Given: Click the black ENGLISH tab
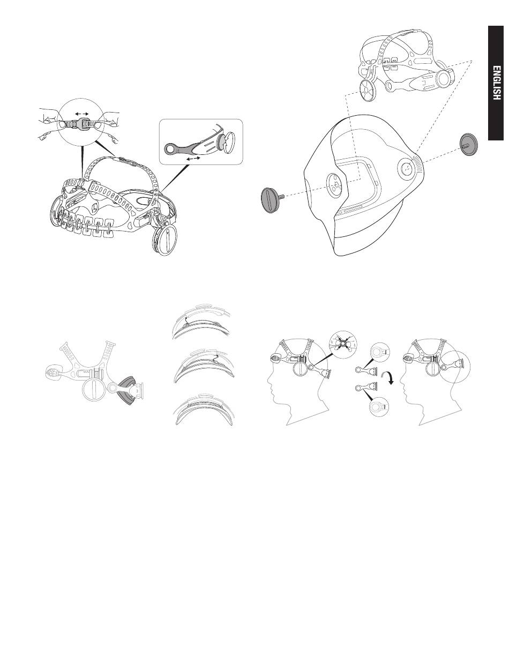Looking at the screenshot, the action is coord(496,83).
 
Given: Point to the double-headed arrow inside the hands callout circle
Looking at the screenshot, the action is coord(82,114).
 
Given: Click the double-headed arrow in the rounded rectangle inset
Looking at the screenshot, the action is coord(193,159).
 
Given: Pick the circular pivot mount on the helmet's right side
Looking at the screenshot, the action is coord(407,168).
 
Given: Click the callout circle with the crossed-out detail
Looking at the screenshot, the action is coord(342,344).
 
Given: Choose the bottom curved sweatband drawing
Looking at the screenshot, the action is coord(204,411).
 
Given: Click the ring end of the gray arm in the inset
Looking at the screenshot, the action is coord(169,149).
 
